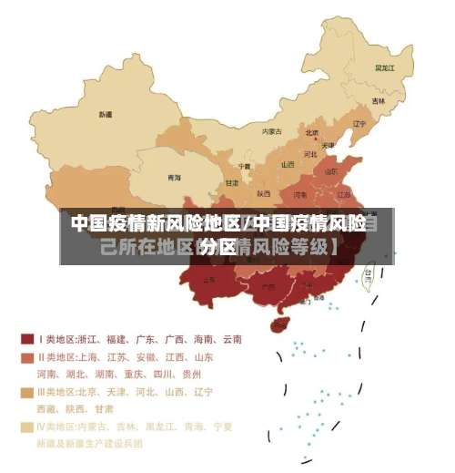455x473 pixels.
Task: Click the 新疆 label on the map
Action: click(x=106, y=115)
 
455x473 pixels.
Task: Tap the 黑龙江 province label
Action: click(x=385, y=67)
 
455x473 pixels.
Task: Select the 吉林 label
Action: click(x=378, y=101)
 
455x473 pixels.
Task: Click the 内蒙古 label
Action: click(x=271, y=131)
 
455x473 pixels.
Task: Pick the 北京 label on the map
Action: click(x=312, y=132)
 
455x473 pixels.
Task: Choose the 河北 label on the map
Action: click(x=309, y=154)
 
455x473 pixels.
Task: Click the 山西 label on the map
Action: click(x=288, y=165)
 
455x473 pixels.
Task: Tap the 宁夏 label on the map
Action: click(x=244, y=166)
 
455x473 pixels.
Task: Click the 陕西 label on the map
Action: click(x=264, y=193)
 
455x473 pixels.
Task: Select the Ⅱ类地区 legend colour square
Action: click(x=27, y=357)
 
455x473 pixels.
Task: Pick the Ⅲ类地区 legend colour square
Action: click(x=27, y=392)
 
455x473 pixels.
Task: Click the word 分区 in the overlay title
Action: click(x=218, y=247)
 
